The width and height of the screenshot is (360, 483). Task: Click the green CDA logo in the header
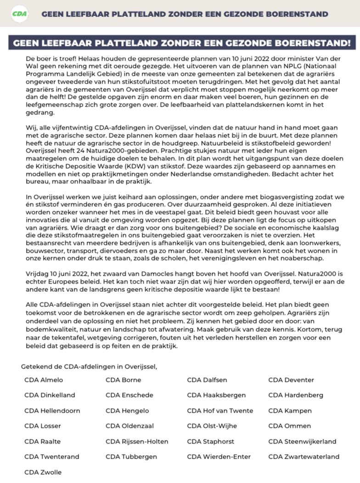click(x=20, y=13)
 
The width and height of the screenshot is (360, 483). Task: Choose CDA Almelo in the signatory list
click(x=44, y=380)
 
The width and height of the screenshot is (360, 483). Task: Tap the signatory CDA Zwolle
click(x=43, y=472)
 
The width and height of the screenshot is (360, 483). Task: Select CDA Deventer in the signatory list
click(x=291, y=380)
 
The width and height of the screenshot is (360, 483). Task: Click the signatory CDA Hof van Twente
click(x=220, y=411)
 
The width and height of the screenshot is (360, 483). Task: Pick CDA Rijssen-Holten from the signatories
click(x=137, y=442)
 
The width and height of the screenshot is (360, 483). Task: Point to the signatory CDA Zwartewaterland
click(x=304, y=457)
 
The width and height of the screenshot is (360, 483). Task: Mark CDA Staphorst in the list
click(x=210, y=442)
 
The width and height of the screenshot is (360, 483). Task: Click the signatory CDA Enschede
click(x=129, y=395)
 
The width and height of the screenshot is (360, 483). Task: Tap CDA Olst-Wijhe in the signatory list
click(x=212, y=426)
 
